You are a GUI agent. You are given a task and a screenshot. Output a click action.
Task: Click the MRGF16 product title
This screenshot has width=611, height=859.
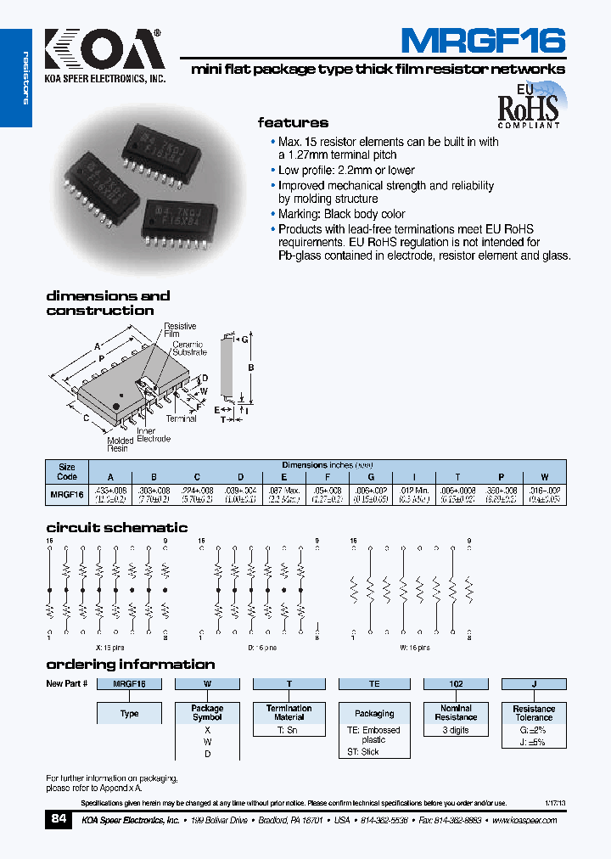pyautogui.click(x=482, y=41)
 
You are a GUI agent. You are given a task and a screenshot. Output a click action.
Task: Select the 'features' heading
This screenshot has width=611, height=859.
pyautogui.click(x=293, y=122)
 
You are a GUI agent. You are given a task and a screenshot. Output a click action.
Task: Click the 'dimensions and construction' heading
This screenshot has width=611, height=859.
pyautogui.click(x=108, y=303)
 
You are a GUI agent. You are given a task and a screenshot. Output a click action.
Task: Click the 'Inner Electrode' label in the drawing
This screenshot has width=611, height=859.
pyautogui.click(x=154, y=435)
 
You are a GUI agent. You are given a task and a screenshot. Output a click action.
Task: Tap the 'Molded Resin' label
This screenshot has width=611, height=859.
pyautogui.click(x=120, y=444)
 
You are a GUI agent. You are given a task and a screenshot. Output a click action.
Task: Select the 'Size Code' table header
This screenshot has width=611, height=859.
pyautogui.click(x=66, y=471)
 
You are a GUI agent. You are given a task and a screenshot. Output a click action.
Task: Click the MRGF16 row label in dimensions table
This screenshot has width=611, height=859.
pyautogui.click(x=66, y=493)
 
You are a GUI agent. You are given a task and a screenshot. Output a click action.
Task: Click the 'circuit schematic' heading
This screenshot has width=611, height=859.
pyautogui.click(x=116, y=527)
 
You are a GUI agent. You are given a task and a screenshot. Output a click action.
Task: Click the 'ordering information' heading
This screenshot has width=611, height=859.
pyautogui.click(x=130, y=664)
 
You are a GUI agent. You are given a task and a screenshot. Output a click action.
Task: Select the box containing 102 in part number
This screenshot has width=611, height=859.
pyautogui.click(x=456, y=683)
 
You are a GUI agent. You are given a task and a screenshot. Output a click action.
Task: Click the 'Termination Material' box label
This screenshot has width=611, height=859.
pyautogui.click(x=289, y=712)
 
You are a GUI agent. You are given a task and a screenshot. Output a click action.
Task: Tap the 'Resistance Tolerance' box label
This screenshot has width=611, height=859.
pyautogui.click(x=534, y=713)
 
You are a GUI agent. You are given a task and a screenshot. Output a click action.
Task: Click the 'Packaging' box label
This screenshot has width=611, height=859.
pyautogui.click(x=374, y=713)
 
